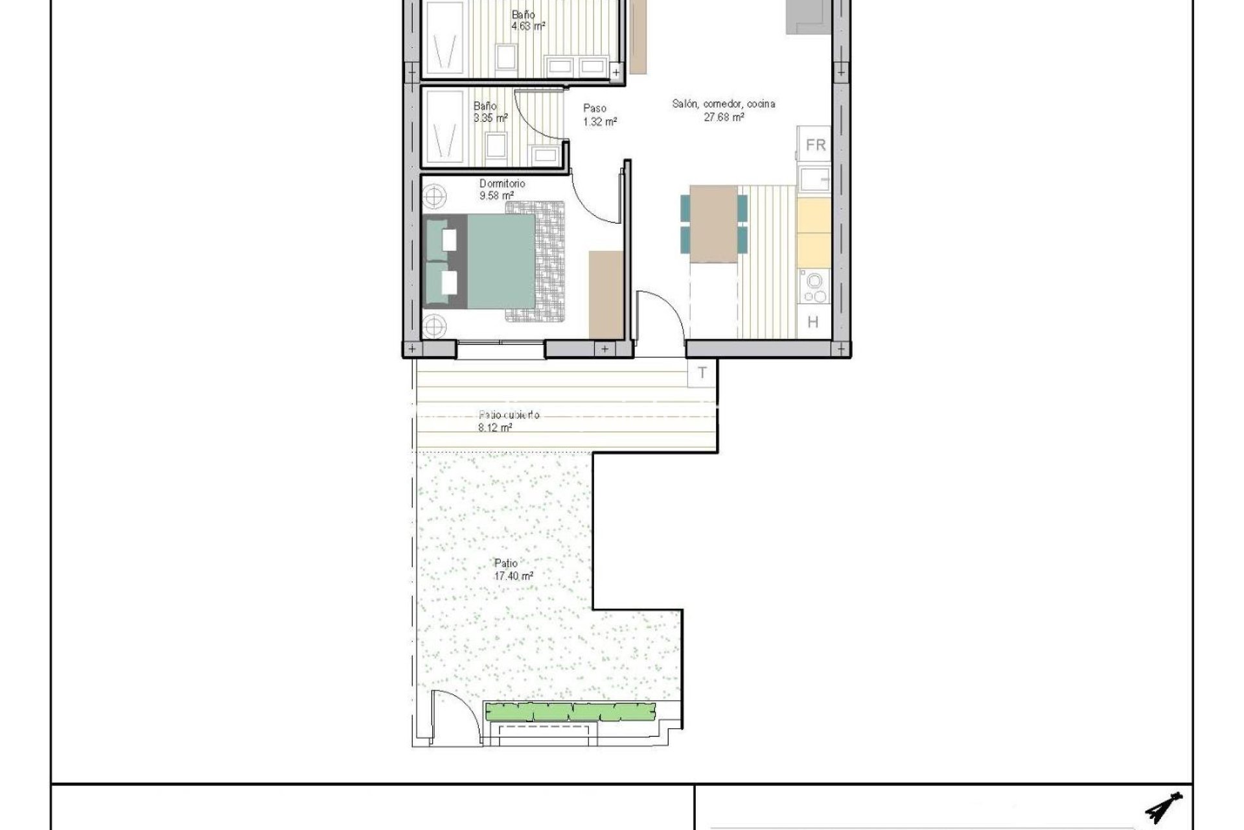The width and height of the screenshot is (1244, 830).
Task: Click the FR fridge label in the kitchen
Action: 815,145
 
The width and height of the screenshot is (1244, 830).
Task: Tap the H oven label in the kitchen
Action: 813,322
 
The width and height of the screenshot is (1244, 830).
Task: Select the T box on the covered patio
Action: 702,373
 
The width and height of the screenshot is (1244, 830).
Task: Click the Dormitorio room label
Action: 502,184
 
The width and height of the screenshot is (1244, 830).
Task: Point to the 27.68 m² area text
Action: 723,117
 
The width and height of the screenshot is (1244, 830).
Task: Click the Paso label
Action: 594,108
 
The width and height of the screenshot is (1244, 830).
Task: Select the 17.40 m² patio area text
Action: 513,576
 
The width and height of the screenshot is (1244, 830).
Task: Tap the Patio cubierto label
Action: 509,415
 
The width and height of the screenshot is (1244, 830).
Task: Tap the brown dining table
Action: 713,224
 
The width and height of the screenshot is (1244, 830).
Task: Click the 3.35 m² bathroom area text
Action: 490,118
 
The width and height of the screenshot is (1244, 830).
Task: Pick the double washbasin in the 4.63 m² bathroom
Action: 576,65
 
